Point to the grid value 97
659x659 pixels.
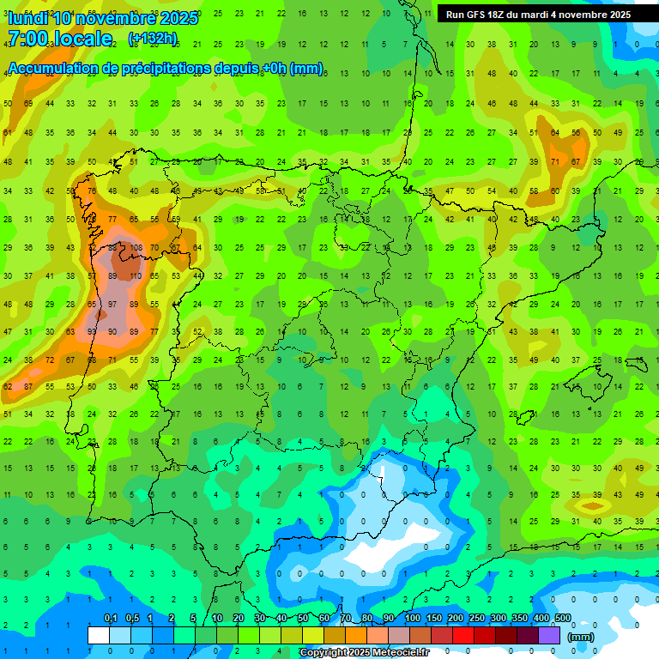point(112,304)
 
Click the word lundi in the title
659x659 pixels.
point(27,18)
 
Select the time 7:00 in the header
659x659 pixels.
point(27,39)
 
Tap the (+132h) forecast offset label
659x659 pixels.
point(153,38)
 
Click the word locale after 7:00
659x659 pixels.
point(82,39)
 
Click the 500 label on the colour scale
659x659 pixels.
point(563,619)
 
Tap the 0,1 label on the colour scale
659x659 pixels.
point(110,619)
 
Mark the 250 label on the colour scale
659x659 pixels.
point(477,619)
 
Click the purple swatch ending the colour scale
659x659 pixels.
point(549,635)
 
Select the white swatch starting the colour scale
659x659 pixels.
point(99,635)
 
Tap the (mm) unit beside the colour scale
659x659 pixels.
point(581,637)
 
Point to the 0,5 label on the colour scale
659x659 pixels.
point(132,619)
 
